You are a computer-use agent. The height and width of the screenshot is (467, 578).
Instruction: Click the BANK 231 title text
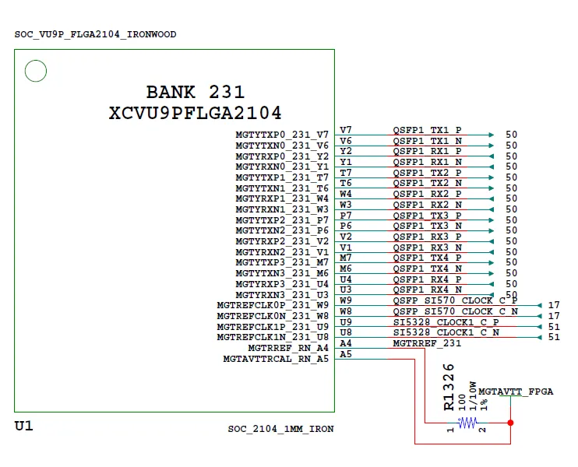tap(196, 92)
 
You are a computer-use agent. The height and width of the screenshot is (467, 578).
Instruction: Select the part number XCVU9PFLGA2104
tap(196, 113)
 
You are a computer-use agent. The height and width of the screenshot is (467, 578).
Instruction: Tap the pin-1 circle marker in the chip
tap(35, 72)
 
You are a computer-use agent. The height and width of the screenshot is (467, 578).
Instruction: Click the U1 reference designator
tap(24, 427)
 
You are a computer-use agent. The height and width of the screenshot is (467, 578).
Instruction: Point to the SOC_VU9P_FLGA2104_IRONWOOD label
tap(95, 34)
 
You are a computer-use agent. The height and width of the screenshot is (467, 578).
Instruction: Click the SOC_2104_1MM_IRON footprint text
tap(280, 429)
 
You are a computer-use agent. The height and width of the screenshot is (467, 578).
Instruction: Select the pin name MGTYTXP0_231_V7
tap(282, 135)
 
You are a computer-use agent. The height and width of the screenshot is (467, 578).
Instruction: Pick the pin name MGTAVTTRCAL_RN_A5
tap(276, 359)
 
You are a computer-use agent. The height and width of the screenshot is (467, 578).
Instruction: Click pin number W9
tap(346, 300)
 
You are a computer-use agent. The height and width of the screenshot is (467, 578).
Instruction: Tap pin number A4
tap(346, 343)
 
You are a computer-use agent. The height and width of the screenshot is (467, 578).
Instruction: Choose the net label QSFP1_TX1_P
tap(427, 130)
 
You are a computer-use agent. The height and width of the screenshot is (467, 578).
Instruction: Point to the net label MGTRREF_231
tap(427, 343)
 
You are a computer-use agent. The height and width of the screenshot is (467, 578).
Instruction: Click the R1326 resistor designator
tap(449, 387)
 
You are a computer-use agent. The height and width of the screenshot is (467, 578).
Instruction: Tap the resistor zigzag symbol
tap(467, 423)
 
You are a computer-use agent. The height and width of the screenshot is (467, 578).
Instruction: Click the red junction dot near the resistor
tap(510, 423)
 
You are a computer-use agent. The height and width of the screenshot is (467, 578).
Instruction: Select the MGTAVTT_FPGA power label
tap(516, 391)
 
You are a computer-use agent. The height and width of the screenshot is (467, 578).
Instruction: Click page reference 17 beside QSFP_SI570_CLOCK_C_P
tap(554, 305)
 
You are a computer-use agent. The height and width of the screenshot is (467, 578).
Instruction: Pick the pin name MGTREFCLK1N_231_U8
tap(273, 337)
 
